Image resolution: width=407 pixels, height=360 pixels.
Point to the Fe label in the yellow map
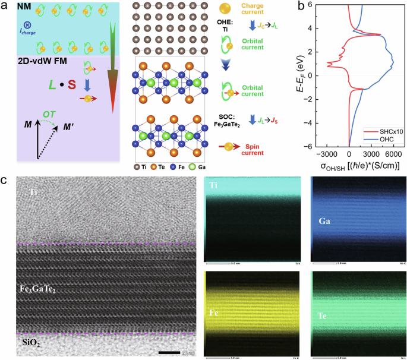click(x=214, y=294)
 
